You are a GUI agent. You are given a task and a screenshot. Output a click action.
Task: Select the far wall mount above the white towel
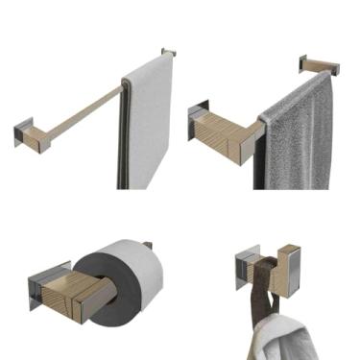[x=169, y=54]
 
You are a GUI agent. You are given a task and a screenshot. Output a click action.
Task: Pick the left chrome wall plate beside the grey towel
[x=196, y=120]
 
